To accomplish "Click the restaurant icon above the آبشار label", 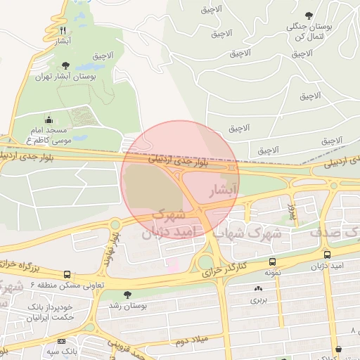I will pos(63,30).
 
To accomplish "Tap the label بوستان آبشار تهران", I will pos(65,75).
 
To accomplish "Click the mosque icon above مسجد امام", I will pos(48,120).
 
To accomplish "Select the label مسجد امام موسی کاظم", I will pos(48,136).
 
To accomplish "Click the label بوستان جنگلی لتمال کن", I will pos(309,30).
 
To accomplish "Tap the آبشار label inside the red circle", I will pos(224,190).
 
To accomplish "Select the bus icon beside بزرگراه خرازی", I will pos(66,274).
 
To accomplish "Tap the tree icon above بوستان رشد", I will pos(127,295).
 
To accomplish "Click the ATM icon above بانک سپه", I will pos(61,341).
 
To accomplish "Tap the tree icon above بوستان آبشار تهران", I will pos(65,65).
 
